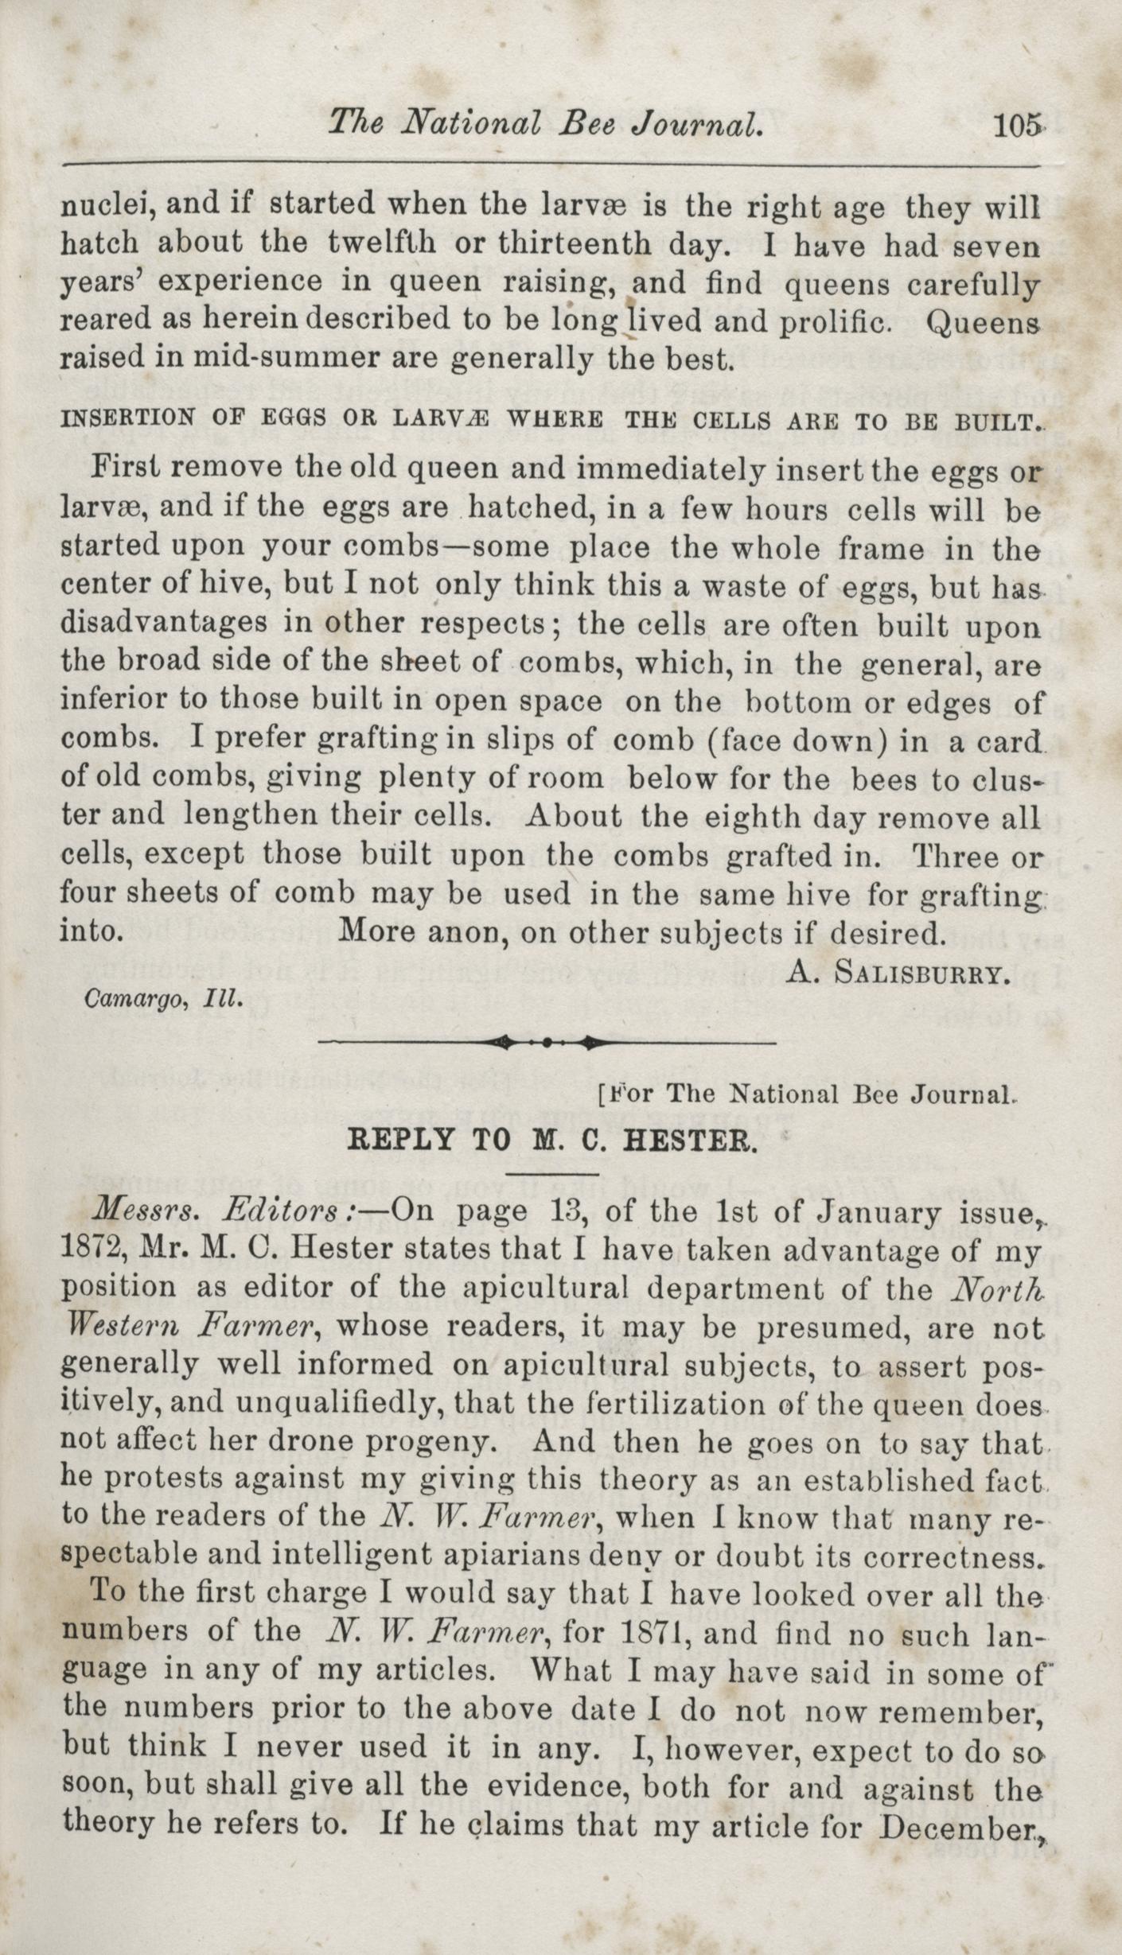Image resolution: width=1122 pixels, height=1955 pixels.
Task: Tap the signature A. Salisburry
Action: click(898, 974)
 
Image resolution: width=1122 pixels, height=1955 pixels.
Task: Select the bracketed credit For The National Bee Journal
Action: click(804, 1095)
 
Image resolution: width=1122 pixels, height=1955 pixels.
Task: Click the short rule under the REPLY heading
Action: click(551, 1172)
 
